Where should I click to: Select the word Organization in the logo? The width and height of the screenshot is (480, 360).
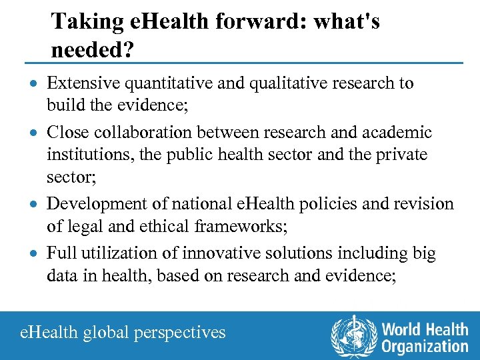click(x=425, y=346)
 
